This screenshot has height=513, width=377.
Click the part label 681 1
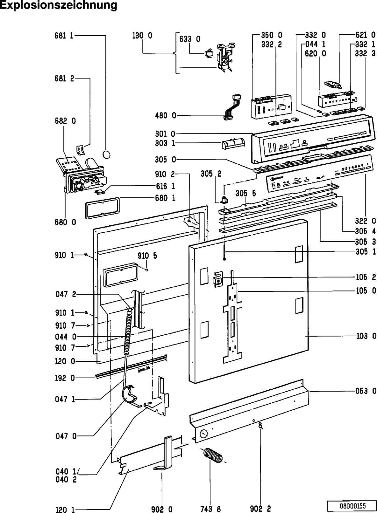click(x=64, y=36)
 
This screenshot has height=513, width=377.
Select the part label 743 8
click(x=210, y=509)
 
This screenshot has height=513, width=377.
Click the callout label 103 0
click(x=366, y=336)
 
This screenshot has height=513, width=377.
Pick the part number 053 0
click(x=366, y=391)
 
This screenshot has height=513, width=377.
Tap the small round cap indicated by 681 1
click(x=107, y=154)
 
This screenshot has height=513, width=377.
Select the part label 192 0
click(x=65, y=378)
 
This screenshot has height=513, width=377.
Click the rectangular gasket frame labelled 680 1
click(x=102, y=208)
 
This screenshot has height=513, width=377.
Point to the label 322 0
click(x=366, y=221)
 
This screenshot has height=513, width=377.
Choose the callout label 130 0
click(x=142, y=36)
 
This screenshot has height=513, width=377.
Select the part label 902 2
click(x=260, y=509)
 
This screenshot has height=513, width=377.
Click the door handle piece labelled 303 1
click(x=232, y=144)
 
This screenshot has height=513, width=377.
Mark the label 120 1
click(x=65, y=510)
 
